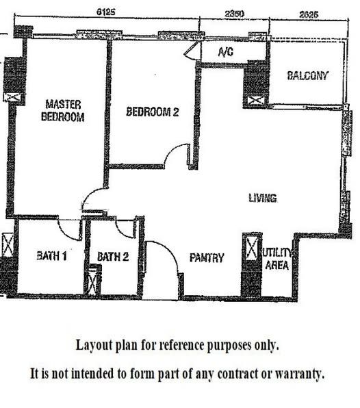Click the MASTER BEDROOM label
pyautogui.click(x=63, y=111)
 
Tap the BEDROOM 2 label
pyautogui.click(x=152, y=112)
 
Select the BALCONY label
pyautogui.click(x=307, y=75)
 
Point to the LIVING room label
pyautogui.click(x=262, y=199)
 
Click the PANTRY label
pyautogui.click(x=207, y=258)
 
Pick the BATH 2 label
pyautogui.click(x=113, y=257)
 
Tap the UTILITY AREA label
pyautogui.click(x=278, y=259)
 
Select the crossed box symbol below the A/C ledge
pyautogui.click(x=255, y=101)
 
